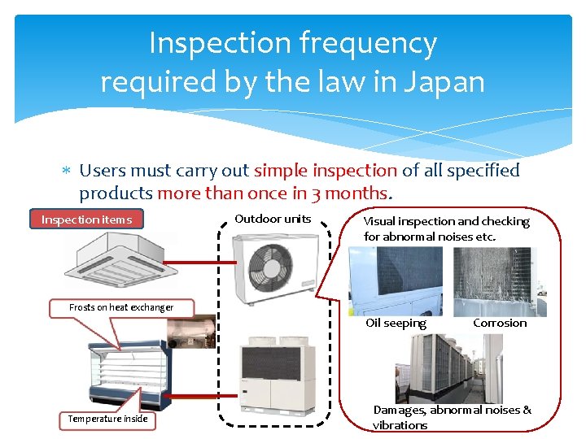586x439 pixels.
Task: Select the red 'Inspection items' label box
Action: pos(86,219)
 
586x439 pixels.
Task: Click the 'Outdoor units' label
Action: pos(273,219)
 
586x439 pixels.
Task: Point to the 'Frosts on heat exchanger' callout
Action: pos(121,307)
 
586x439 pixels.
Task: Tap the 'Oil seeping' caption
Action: pos(396,323)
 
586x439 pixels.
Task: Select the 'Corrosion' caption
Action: pos(500,323)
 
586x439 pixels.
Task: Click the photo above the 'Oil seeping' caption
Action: pos(396,281)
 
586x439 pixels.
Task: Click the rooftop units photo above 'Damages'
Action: pos(448,368)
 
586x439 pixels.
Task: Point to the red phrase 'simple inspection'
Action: pos(326,171)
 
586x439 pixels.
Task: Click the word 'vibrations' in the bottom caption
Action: pos(400,425)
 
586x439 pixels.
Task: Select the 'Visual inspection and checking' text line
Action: pos(446,221)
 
